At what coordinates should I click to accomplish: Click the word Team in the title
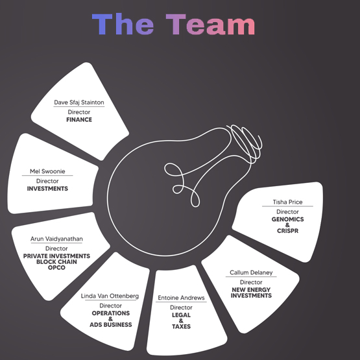pyautogui.click(x=210, y=24)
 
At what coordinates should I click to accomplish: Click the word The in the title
pyautogui.click(x=123, y=24)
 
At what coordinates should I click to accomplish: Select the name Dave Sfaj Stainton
pyautogui.click(x=79, y=102)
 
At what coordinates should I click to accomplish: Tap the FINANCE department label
pyautogui.click(x=79, y=119)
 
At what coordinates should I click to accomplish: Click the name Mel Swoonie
pyautogui.click(x=47, y=171)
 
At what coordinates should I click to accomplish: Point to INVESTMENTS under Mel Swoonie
pyautogui.click(x=47, y=189)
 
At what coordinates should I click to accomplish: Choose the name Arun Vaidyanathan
pyautogui.click(x=56, y=239)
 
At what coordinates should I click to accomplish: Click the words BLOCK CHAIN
pyautogui.click(x=56, y=262)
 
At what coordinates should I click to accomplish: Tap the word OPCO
pyautogui.click(x=56, y=267)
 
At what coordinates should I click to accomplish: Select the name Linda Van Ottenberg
pyautogui.click(x=110, y=296)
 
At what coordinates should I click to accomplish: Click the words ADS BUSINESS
pyautogui.click(x=111, y=324)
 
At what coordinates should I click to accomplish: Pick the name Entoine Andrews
pyautogui.click(x=181, y=298)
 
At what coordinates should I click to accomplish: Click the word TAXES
pyautogui.click(x=181, y=326)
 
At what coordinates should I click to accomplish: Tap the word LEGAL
pyautogui.click(x=181, y=315)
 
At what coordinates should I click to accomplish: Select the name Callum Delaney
pyautogui.click(x=251, y=272)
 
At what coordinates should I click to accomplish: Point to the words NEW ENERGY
pyautogui.click(x=251, y=290)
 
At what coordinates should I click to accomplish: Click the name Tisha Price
pyautogui.click(x=288, y=202)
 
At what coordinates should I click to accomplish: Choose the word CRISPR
pyautogui.click(x=288, y=231)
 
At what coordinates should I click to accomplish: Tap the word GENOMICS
pyautogui.click(x=288, y=219)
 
